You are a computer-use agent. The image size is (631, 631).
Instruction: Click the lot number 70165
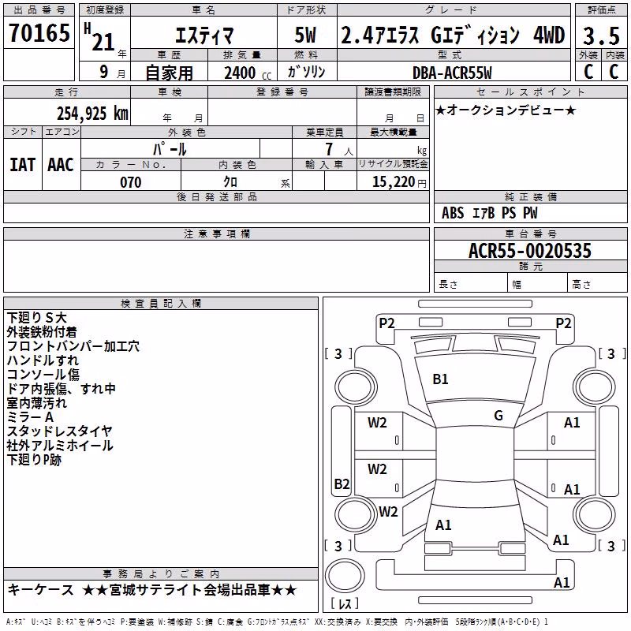(39, 32)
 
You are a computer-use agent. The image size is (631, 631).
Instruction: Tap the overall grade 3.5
(601, 35)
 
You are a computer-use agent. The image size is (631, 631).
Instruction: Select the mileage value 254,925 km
(92, 114)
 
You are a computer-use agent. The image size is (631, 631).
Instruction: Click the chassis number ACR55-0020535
(530, 251)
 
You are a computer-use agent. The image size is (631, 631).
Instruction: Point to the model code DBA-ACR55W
(452, 73)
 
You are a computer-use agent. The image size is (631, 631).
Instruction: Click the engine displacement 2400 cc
(248, 73)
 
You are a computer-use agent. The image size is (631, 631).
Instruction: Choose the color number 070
(131, 182)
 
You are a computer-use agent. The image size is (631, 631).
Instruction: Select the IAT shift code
(23, 165)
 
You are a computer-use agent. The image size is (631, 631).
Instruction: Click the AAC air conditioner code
(61, 165)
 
